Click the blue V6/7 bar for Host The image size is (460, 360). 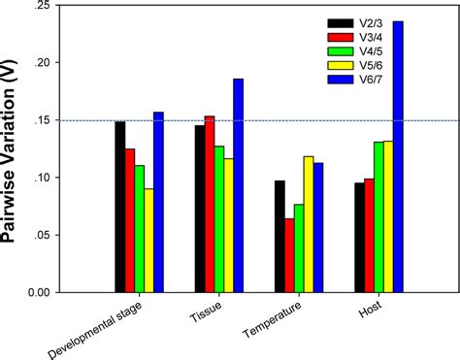(x=398, y=156)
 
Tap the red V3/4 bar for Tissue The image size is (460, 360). (x=210, y=204)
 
